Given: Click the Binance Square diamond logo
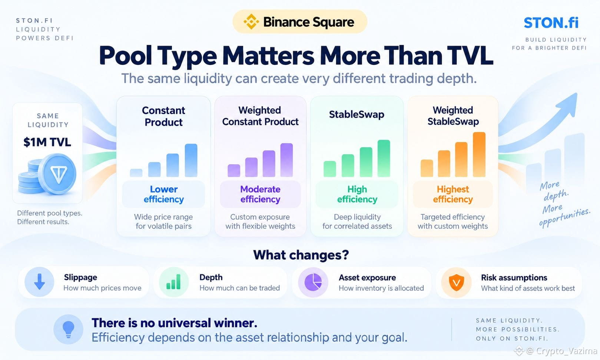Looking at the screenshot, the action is [x=251, y=22].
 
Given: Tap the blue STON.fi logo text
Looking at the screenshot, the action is [x=551, y=23].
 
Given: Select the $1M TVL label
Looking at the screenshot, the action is [x=47, y=142].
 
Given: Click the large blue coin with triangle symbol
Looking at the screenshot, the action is [x=57, y=174].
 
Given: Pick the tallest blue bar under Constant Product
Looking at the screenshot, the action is [x=191, y=160].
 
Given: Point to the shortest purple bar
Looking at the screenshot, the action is [x=234, y=171].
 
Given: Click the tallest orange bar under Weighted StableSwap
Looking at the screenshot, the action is [x=479, y=154].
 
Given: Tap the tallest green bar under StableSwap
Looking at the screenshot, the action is [x=384, y=158].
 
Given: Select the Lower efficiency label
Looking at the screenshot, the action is [x=164, y=194].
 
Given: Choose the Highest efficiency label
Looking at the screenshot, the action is [x=453, y=194].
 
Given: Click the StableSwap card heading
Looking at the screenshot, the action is [x=357, y=115].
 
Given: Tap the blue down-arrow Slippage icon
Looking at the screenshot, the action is [x=39, y=282].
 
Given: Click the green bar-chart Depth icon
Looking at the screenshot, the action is [x=174, y=282].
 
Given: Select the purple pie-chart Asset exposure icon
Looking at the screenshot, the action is [x=313, y=282].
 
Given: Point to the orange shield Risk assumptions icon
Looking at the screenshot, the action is [x=457, y=283].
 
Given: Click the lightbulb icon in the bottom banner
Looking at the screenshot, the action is [x=68, y=329].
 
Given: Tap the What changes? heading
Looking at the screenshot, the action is [x=301, y=255].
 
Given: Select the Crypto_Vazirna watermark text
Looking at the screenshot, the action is [x=562, y=351].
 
